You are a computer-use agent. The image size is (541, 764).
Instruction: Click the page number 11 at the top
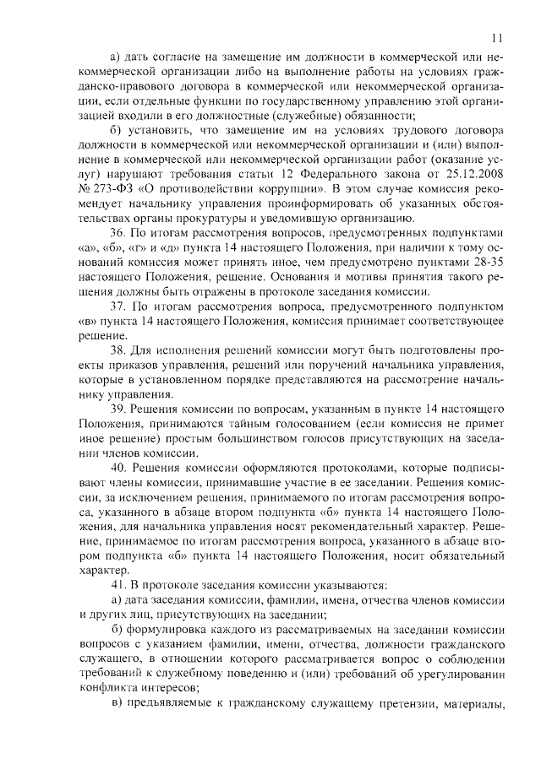tap(498, 38)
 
